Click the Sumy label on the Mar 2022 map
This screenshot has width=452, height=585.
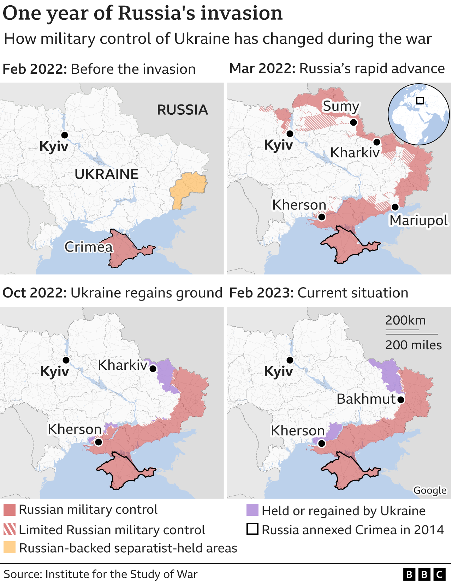(341, 106)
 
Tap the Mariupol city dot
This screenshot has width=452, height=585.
(395, 207)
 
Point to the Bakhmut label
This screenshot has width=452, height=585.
(366, 399)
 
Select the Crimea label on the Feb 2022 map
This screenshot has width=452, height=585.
(88, 247)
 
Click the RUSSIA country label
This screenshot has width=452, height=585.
(182, 110)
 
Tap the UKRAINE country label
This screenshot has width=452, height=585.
(107, 174)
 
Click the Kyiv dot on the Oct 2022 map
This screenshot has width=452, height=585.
(66, 360)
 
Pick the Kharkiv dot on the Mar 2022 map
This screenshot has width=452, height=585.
(377, 142)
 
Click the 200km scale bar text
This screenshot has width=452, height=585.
(405, 320)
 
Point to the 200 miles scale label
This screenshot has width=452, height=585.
(413, 345)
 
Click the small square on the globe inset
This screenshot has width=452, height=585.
(420, 101)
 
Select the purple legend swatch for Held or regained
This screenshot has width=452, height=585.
(252, 510)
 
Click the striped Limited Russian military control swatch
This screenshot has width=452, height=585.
(10, 529)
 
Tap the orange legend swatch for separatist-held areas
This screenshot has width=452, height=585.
(10, 548)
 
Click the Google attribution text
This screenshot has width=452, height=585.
(430, 490)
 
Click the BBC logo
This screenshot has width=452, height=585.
(424, 575)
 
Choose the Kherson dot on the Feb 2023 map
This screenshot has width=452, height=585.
(321, 444)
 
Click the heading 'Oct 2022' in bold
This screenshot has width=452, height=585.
(34, 293)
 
